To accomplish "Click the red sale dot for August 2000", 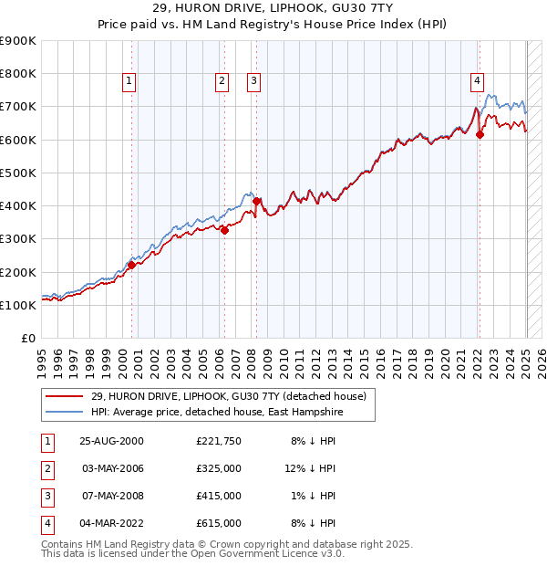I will point(131,265).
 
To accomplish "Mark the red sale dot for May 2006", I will point(224,230).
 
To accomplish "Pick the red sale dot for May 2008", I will point(256,201).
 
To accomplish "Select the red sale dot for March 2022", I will point(480,135).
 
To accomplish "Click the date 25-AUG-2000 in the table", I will point(112,440).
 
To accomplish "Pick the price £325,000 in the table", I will point(219,468).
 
